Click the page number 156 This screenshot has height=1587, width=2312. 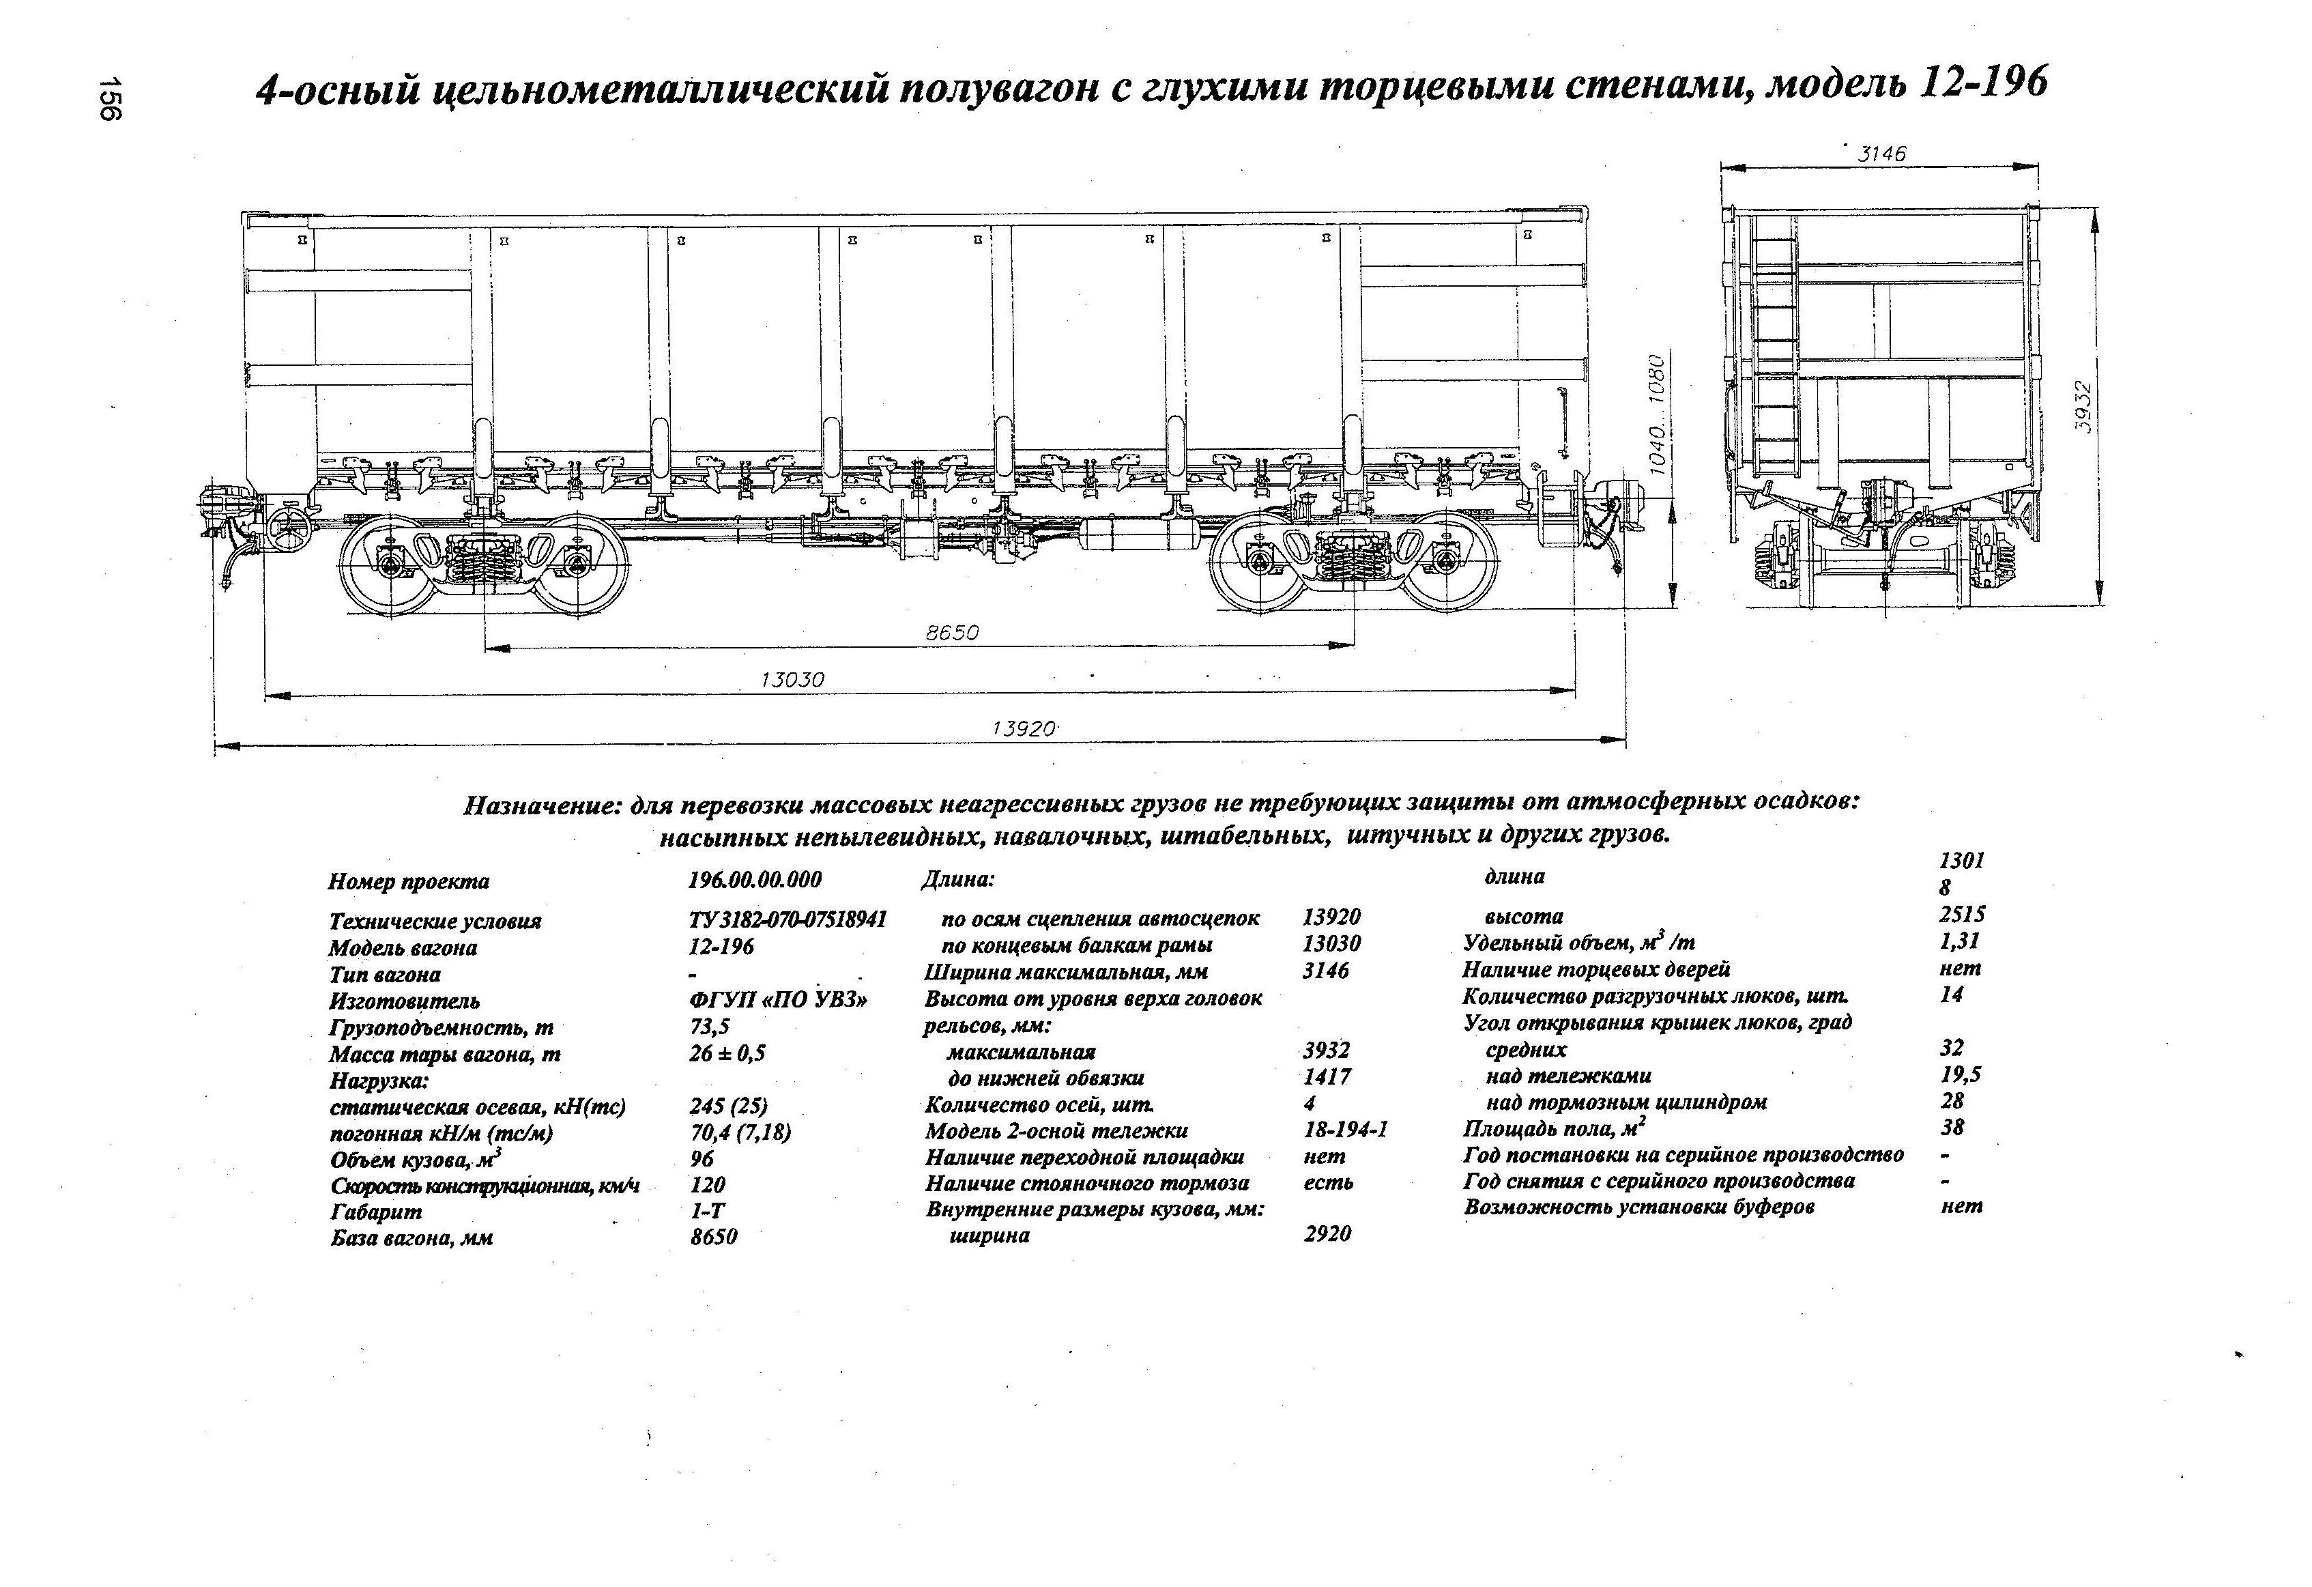click(x=109, y=98)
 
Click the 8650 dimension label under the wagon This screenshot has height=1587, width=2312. click(x=952, y=633)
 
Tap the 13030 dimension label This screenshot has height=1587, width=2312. click(x=793, y=680)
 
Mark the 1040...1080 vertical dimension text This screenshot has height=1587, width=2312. click(x=1656, y=413)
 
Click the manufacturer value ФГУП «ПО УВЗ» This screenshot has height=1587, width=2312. click(x=778, y=1000)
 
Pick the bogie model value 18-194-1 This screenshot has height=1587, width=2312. click(x=1345, y=1130)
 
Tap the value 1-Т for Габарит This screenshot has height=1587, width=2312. click(x=708, y=1211)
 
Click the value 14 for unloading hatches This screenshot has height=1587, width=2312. click(x=1951, y=994)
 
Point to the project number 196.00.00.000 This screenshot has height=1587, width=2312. click(x=755, y=881)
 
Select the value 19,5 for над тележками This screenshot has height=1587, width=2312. click(x=1953, y=1074)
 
